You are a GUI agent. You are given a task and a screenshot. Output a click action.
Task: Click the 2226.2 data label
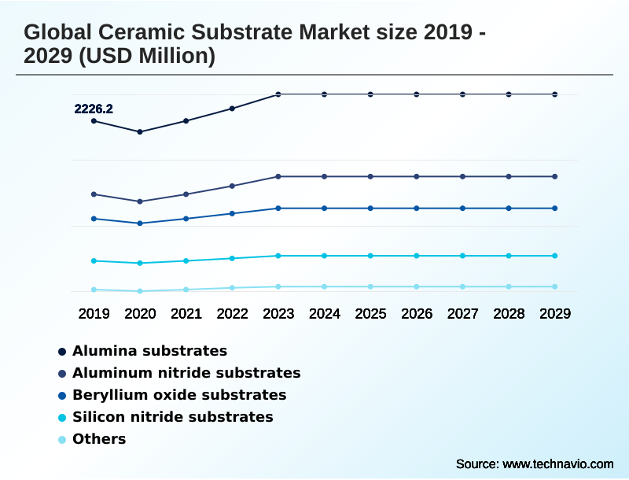click(94, 109)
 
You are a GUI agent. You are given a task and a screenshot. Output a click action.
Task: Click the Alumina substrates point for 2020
click(140, 132)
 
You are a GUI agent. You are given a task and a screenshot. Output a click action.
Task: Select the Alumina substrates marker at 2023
click(278, 94)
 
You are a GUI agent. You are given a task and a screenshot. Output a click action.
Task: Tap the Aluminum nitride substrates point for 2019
click(94, 194)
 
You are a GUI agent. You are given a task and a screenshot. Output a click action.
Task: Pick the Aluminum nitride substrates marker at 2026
click(417, 176)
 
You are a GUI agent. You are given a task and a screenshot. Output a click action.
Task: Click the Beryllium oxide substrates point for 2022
click(232, 213)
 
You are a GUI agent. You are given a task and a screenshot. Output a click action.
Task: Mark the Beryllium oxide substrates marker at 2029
click(555, 209)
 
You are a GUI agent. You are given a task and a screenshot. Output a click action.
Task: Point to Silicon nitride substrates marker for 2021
click(186, 260)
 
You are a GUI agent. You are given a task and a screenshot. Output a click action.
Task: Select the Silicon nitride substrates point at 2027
click(462, 256)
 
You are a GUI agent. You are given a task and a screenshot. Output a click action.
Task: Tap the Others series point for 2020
click(140, 291)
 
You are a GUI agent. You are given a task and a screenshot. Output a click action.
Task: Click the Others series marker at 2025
click(370, 286)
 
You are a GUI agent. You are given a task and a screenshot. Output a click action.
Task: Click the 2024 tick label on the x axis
click(325, 314)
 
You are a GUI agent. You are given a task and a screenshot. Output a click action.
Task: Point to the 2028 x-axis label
click(509, 314)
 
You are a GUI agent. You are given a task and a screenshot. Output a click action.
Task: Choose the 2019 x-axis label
click(94, 314)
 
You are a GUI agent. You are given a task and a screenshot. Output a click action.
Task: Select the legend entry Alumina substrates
click(149, 351)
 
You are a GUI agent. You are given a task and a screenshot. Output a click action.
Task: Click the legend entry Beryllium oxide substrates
click(178, 395)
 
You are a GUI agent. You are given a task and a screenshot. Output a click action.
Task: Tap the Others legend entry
click(99, 439)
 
